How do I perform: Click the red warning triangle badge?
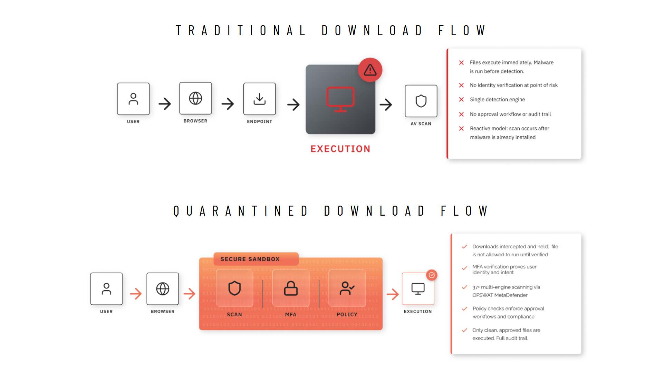[x=370, y=70]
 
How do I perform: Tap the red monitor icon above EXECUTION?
[x=340, y=99]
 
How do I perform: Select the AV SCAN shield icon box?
[x=421, y=101]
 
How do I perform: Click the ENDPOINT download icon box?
[x=260, y=99]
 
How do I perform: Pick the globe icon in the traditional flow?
[x=195, y=98]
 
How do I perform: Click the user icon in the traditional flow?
[x=133, y=99]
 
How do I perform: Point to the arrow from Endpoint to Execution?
[x=294, y=104]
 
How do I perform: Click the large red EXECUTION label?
[x=340, y=149]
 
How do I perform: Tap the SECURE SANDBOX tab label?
[x=250, y=259]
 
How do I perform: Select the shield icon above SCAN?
[x=234, y=288]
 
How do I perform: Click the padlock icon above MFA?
[x=291, y=288]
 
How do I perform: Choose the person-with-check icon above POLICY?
[x=347, y=288]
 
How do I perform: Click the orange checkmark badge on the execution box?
[x=432, y=275]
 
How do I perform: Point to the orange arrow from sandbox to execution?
[x=393, y=294]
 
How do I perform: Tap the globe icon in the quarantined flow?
[x=163, y=289]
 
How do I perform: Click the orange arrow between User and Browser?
[x=136, y=294]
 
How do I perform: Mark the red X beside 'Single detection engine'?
[x=461, y=99]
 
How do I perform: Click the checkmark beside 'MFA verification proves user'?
[x=464, y=268]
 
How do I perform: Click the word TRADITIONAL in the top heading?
[x=241, y=30]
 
